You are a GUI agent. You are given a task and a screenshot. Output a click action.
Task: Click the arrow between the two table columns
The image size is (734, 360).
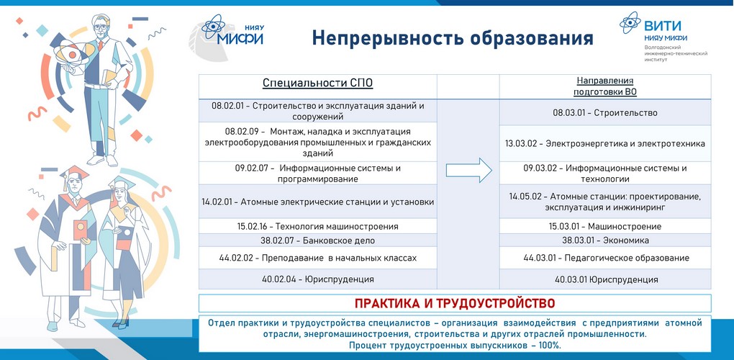coord(468,170)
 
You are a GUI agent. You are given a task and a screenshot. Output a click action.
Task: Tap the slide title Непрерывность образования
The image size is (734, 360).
coord(453,38)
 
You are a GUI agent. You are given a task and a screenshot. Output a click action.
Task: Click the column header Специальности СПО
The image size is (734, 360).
coord(318,84)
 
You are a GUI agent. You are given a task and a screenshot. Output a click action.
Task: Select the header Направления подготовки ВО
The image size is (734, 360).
coord(604,86)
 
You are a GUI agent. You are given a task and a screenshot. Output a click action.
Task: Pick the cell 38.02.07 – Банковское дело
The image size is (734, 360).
coord(317,240)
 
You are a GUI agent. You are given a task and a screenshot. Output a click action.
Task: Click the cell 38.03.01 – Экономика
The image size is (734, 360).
coord(605,240)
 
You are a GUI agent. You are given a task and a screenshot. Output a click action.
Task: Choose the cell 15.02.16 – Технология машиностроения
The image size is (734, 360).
coord(317,227)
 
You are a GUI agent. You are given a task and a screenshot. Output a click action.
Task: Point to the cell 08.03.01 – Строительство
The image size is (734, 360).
coord(604,113)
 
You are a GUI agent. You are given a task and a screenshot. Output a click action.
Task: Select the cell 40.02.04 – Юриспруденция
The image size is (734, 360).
coord(318,279)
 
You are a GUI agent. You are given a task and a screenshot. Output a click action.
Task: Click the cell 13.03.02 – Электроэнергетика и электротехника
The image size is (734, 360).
coord(604,144)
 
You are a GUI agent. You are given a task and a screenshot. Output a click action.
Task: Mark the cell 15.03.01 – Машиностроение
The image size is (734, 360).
coord(604,227)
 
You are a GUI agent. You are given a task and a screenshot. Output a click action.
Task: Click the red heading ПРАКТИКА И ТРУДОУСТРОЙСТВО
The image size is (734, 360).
coord(455,303)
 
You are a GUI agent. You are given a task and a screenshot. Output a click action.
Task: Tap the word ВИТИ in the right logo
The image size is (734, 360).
coord(662,26)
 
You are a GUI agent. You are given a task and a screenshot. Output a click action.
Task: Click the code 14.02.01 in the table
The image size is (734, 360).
coord(220,202)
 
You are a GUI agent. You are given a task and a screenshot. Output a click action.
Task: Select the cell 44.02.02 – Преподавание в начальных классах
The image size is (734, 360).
coord(317,258)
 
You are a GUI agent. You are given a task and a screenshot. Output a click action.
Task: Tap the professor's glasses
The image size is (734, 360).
coord(101,27)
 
